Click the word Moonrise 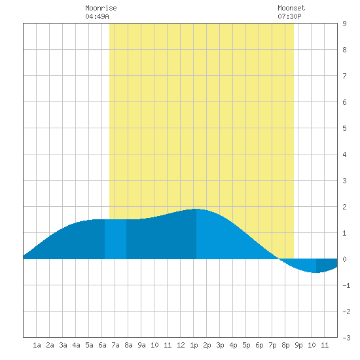pyautogui.click(x=101, y=8)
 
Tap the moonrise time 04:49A pyautogui.click(x=97, y=16)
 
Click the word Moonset pyautogui.click(x=291, y=8)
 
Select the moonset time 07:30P pyautogui.click(x=289, y=16)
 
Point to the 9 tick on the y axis pyautogui.click(x=344, y=24)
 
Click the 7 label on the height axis pyautogui.click(x=344, y=76)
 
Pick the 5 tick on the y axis pyautogui.click(x=344, y=128)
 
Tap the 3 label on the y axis pyautogui.click(x=344, y=181)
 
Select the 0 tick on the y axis pyautogui.click(x=344, y=259)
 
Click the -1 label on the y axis pyautogui.click(x=346, y=285)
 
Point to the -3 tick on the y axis pyautogui.click(x=346, y=338)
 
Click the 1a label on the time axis pyautogui.click(x=37, y=345)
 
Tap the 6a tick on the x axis pyautogui.click(x=102, y=345)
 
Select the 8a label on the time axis pyautogui.click(x=128, y=345)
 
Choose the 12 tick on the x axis pyautogui.click(x=181, y=345)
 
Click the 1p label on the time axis pyautogui.click(x=194, y=345)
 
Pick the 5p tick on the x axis pyautogui.click(x=246, y=345)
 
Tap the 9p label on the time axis pyautogui.click(x=298, y=345)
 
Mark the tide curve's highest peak pyautogui.click(x=196, y=209)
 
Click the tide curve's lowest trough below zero pyautogui.click(x=316, y=272)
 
